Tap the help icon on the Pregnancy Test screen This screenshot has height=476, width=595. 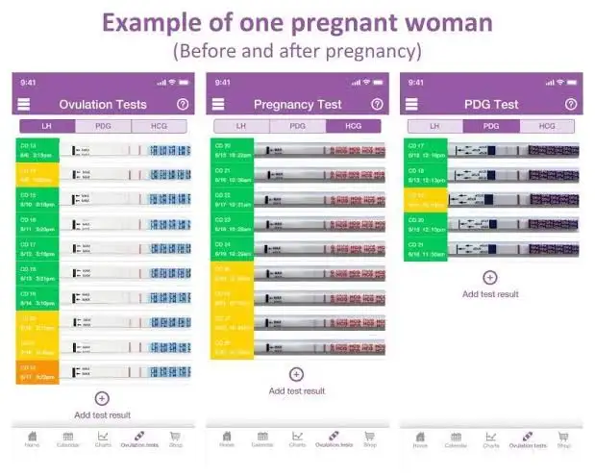[x=377, y=104]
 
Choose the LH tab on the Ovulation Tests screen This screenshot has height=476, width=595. [x=47, y=126]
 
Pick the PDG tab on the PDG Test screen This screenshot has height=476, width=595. [x=491, y=126]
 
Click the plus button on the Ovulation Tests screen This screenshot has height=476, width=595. [x=102, y=398]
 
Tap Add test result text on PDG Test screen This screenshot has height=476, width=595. [x=490, y=294]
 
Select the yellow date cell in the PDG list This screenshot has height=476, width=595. [x=425, y=199]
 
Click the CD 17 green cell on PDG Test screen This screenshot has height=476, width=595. [x=425, y=149]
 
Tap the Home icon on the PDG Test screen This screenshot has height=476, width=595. [x=420, y=438]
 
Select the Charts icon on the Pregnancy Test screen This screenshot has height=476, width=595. [x=298, y=438]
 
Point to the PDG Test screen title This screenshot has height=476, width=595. [x=491, y=104]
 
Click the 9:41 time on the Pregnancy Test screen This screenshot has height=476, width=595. [x=223, y=82]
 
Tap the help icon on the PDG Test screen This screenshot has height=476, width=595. [x=571, y=104]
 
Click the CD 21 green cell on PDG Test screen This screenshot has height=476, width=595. [x=425, y=249]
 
